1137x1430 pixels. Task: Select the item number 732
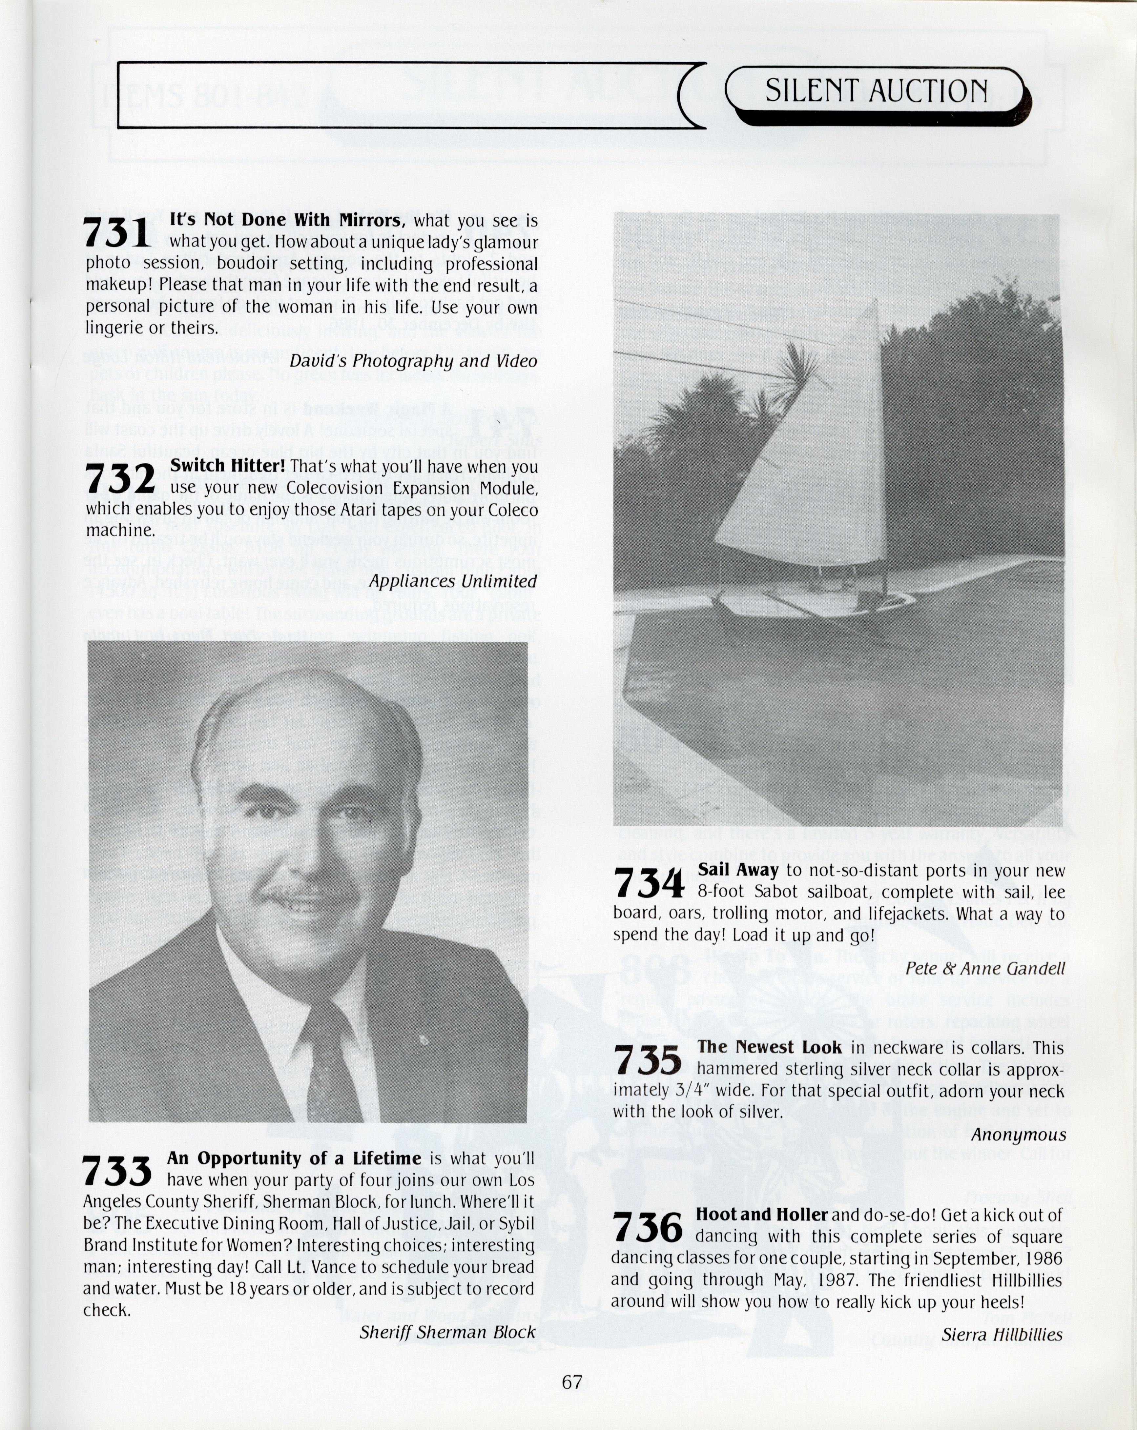click(x=120, y=479)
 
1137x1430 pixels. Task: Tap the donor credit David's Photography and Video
click(x=413, y=361)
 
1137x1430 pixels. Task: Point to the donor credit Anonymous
click(x=1018, y=1135)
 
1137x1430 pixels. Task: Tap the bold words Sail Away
click(x=738, y=870)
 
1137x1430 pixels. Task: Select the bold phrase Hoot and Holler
click(x=761, y=1215)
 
